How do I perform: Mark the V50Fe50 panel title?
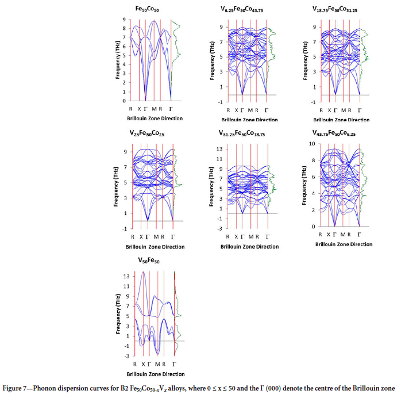(152, 260)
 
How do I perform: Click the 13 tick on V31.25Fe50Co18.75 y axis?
(220, 149)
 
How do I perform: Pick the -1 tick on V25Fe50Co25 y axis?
(126, 228)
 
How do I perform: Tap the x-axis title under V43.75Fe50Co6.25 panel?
(344, 244)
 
